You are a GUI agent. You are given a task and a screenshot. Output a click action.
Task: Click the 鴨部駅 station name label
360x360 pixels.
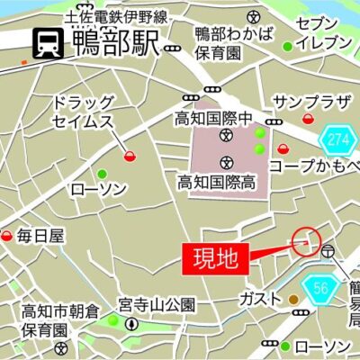tap(114, 41)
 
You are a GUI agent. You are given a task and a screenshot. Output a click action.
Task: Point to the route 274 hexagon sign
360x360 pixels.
tap(337, 139)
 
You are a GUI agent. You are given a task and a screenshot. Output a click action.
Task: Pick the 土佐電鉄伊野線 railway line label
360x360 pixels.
tap(116, 16)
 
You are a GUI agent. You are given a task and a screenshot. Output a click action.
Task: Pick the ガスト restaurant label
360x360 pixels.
tap(261, 298)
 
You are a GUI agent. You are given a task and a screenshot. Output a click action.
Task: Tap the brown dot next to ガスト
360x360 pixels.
tap(294, 298)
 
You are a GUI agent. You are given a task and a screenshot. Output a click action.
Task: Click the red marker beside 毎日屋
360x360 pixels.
tap(7, 236)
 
